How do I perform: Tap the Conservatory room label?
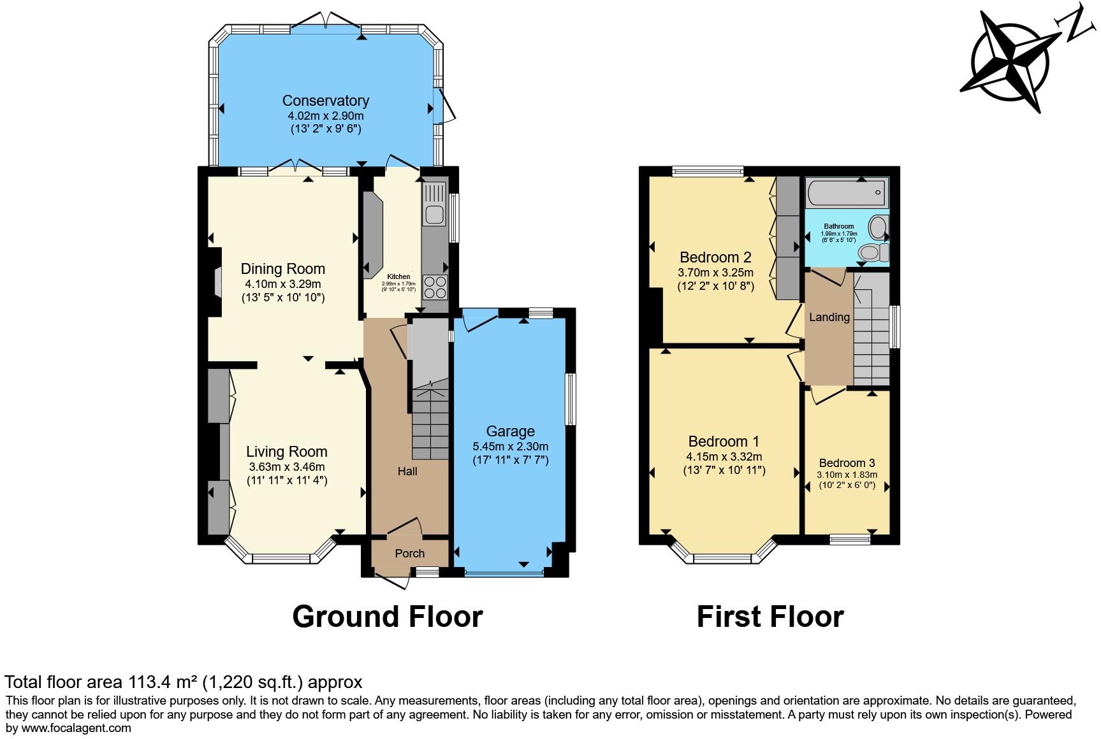coord(325,101)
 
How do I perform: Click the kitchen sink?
coord(435,214)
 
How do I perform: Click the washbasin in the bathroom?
coord(879,227)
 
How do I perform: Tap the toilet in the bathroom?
coord(873,253)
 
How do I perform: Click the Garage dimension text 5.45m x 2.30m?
coord(510,446)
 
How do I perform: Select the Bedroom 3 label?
coord(847,463)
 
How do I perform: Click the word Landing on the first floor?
coord(829,317)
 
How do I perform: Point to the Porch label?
coord(409,553)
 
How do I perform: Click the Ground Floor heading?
coord(387,617)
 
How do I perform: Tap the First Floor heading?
coord(769,617)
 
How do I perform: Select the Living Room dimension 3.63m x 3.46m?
coord(287,466)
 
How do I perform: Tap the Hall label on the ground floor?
coord(407,471)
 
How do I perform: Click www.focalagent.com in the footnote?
coord(77,728)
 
